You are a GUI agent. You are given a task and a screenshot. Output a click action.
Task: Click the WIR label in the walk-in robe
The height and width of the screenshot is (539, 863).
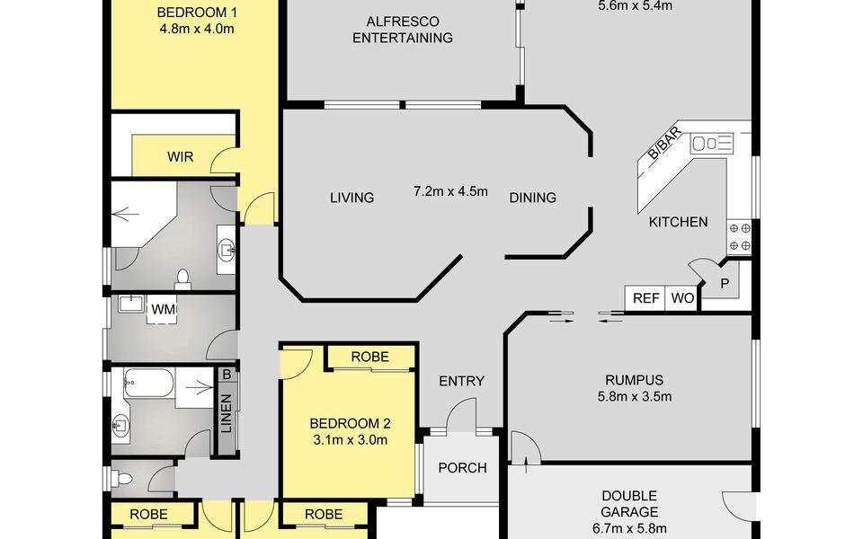tap(181, 156)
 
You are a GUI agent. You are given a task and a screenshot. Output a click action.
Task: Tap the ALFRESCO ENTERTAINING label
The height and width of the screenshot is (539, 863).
tap(403, 30)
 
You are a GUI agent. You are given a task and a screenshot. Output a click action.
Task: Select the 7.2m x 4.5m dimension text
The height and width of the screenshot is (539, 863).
tap(450, 191)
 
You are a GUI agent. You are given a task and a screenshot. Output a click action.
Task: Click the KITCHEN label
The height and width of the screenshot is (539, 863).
tap(678, 222)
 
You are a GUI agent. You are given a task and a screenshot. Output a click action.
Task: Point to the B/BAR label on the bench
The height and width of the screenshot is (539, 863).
tap(665, 143)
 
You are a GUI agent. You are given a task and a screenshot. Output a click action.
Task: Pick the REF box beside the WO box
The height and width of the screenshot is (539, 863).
tap(645, 298)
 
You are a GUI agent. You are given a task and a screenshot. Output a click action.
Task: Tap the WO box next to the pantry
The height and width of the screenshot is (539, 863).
tap(682, 298)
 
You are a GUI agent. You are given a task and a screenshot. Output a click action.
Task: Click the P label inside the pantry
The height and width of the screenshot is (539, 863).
tap(725, 284)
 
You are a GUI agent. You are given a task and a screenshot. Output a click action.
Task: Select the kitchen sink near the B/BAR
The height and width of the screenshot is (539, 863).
tap(712, 144)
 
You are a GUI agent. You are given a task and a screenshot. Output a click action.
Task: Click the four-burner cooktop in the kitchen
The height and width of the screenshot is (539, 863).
tap(739, 236)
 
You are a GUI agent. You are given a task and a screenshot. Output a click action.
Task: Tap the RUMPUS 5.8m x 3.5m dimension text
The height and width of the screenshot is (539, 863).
tap(635, 396)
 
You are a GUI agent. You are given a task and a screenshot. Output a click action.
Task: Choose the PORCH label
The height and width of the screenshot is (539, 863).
tap(462, 467)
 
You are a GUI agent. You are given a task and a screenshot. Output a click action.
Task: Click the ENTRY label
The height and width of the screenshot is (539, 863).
tap(461, 381)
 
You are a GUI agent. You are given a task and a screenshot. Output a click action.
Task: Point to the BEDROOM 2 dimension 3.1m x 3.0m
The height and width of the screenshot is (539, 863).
tap(350, 440)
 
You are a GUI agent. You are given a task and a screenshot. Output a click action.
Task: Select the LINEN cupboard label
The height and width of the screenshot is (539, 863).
tap(227, 413)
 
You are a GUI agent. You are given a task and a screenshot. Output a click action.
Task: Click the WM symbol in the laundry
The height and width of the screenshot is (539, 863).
tap(164, 310)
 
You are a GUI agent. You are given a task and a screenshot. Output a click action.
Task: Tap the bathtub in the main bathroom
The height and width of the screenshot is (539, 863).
tap(148, 383)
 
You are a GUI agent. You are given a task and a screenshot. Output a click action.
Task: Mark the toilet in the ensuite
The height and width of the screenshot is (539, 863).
tap(182, 278)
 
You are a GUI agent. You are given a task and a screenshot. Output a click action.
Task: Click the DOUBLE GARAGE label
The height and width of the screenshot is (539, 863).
tap(629, 504)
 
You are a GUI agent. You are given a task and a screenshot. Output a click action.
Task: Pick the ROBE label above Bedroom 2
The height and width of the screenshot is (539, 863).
tap(369, 357)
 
